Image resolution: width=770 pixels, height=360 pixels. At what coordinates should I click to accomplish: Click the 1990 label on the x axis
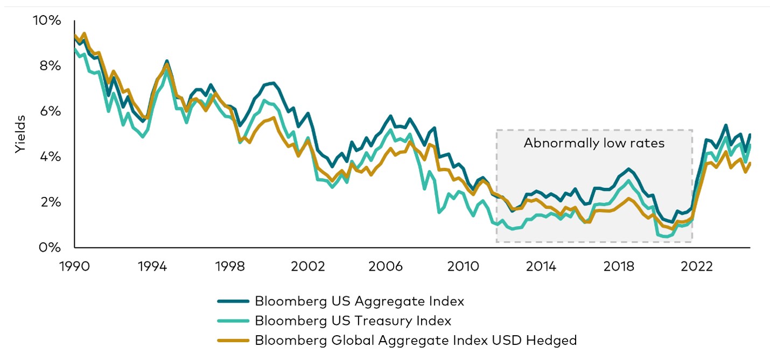pyautogui.click(x=74, y=266)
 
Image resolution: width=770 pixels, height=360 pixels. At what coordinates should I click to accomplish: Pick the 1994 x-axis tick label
pyautogui.click(x=152, y=266)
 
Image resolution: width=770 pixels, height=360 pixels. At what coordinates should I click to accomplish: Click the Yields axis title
pyautogui.click(x=20, y=134)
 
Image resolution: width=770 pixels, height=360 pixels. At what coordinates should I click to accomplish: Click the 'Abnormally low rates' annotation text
pyautogui.click(x=594, y=144)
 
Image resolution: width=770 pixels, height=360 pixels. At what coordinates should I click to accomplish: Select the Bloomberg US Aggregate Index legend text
pyautogui.click(x=359, y=301)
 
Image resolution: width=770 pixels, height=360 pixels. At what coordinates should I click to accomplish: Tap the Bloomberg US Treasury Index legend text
pyautogui.click(x=353, y=321)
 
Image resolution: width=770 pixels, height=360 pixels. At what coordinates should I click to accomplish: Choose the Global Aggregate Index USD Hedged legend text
pyautogui.click(x=416, y=340)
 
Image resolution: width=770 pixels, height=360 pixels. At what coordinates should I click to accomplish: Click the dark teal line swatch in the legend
pyautogui.click(x=233, y=301)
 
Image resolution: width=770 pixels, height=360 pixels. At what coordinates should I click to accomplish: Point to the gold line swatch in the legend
pyautogui.click(x=233, y=340)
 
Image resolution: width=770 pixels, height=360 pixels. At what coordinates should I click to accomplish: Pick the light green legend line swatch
pyautogui.click(x=233, y=321)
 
